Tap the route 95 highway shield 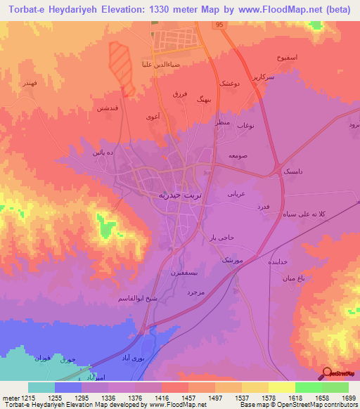(219, 25)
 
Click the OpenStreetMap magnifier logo (326, 374)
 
